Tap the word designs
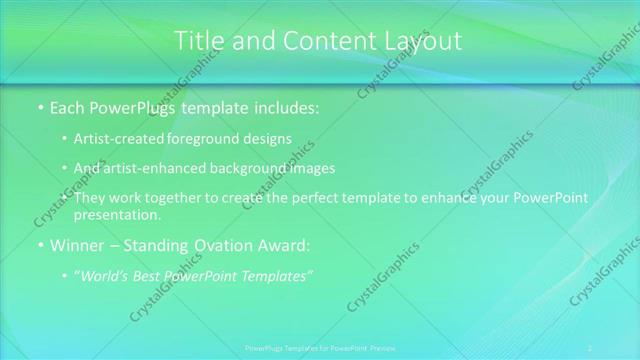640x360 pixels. point(269,138)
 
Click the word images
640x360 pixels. point(311,167)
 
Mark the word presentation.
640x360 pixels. point(117,214)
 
